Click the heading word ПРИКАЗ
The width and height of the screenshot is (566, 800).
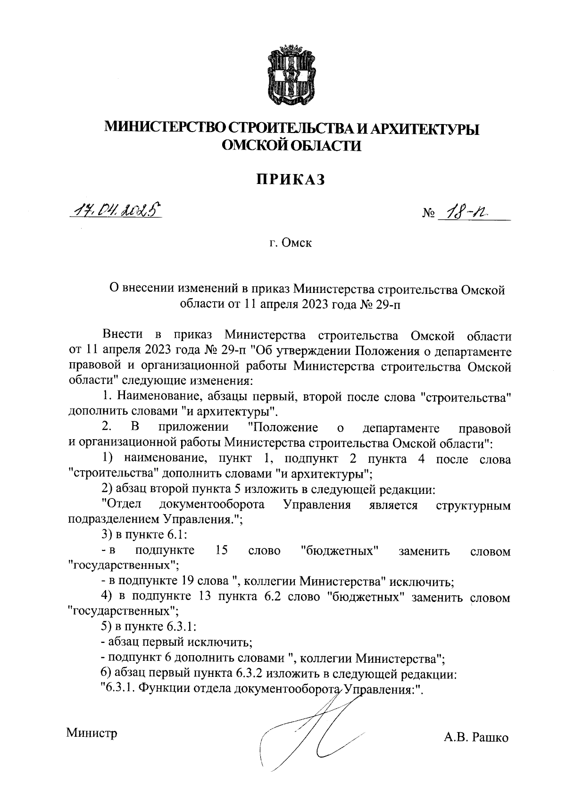point(291,180)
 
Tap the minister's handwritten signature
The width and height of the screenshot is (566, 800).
point(311,736)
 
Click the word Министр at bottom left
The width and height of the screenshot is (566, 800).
point(92,733)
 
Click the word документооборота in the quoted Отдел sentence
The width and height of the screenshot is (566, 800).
point(212,505)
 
